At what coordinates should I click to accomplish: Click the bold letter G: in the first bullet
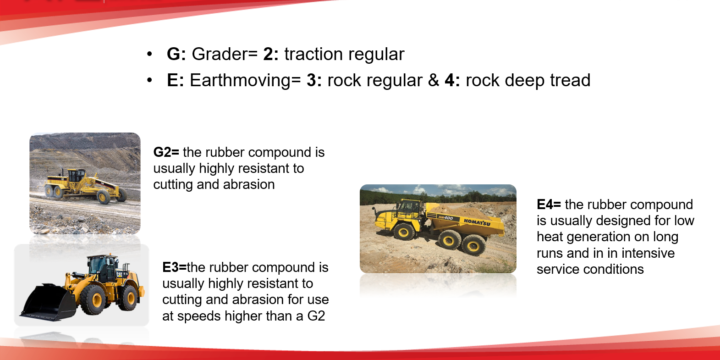(176, 54)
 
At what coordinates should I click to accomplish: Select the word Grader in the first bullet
(222, 54)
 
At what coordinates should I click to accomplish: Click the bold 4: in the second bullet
(452, 80)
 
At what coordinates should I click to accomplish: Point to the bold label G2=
(166, 152)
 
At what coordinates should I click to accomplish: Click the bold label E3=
(174, 267)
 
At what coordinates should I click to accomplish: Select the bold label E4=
(549, 205)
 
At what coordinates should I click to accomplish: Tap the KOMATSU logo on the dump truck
(477, 222)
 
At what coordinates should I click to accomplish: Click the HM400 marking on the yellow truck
(445, 218)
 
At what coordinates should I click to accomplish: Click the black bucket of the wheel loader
(48, 302)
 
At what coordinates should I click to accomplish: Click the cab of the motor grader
(77, 176)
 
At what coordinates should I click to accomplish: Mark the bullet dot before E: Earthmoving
(149, 80)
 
